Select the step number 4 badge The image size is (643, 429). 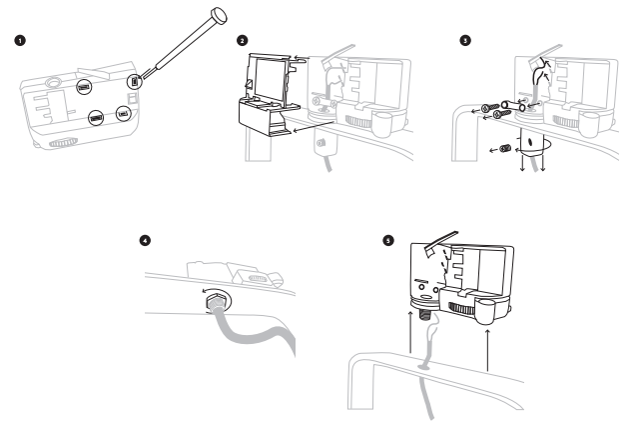(146, 241)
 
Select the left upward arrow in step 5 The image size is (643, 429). (408, 346)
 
